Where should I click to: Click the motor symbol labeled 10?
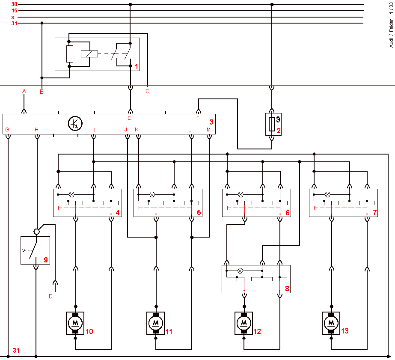(75, 323)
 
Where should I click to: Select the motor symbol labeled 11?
(156, 323)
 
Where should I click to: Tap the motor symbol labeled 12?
(244, 323)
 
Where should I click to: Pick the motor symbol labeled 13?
(331, 323)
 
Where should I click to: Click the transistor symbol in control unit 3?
(75, 123)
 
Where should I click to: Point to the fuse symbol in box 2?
(272, 124)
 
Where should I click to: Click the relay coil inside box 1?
(89, 54)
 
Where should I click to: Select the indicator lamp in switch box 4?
(72, 194)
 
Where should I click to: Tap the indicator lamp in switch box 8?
(241, 271)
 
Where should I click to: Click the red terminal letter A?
(24, 92)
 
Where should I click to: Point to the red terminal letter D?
(50, 297)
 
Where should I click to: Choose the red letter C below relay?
(147, 92)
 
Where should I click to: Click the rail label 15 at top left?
(15, 11)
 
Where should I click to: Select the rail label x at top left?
(13, 17)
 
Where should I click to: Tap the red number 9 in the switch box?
(46, 260)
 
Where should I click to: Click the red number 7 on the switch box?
(374, 212)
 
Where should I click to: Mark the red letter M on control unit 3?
(208, 130)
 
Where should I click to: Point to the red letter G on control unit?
(7, 130)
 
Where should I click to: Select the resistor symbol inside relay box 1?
(70, 54)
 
